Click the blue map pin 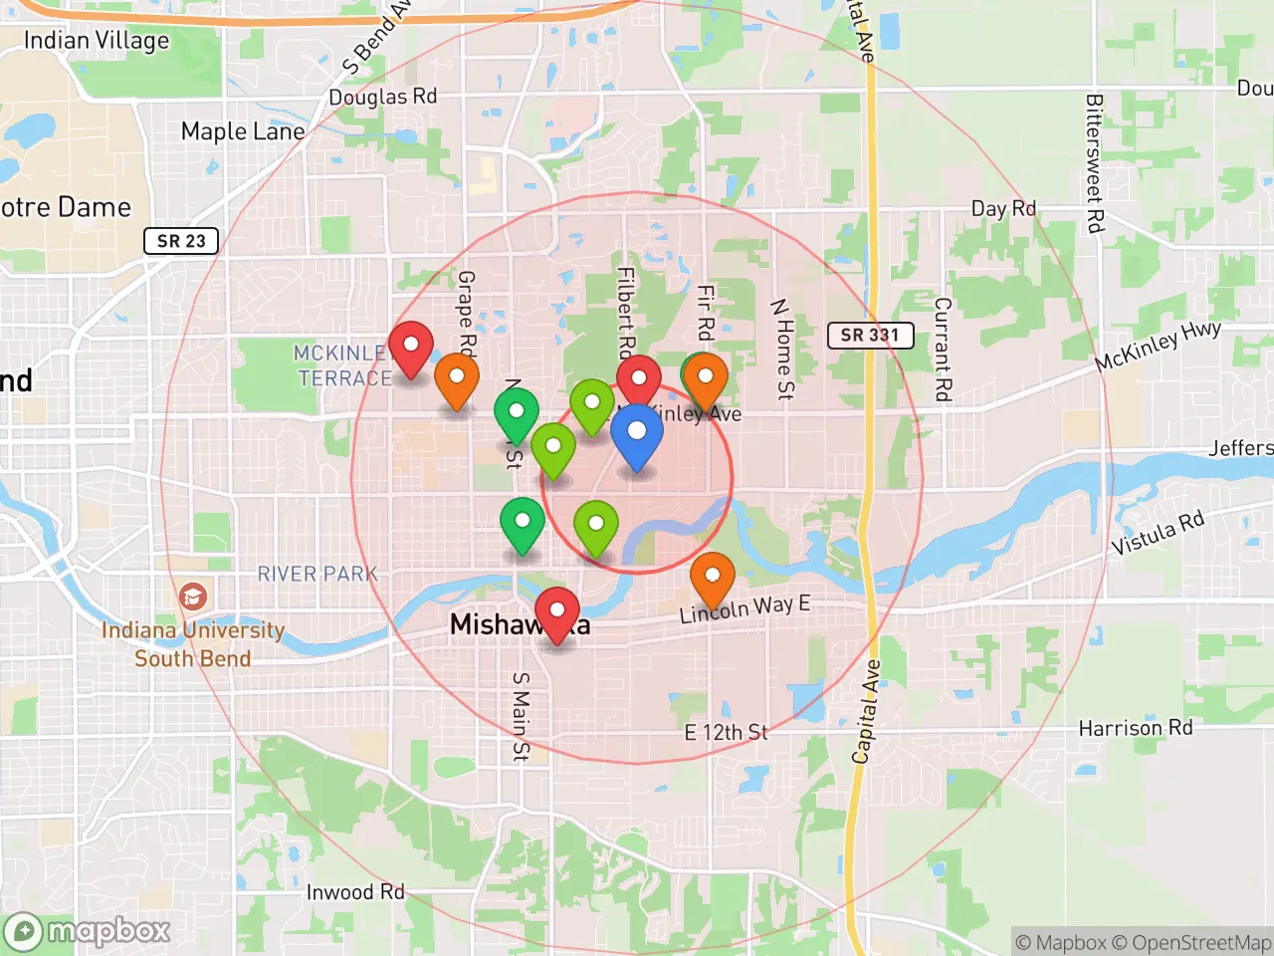pyautogui.click(x=636, y=437)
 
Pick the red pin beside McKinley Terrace pyautogui.click(x=410, y=348)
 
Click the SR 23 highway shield pyautogui.click(x=181, y=241)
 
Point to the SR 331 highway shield pyautogui.click(x=870, y=336)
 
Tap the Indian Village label pyautogui.click(x=97, y=41)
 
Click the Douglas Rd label pyautogui.click(x=383, y=97)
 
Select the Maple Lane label pyautogui.click(x=243, y=131)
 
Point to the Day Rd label pyautogui.click(x=1003, y=209)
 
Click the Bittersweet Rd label pyautogui.click(x=1094, y=163)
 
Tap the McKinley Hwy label pyautogui.click(x=1158, y=347)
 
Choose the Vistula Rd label pyautogui.click(x=1158, y=534)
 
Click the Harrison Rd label pyautogui.click(x=1136, y=728)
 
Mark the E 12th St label pyautogui.click(x=727, y=733)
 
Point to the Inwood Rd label pyautogui.click(x=355, y=892)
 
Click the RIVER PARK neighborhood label pyautogui.click(x=318, y=575)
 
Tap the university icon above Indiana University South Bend pyautogui.click(x=192, y=597)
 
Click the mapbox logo pyautogui.click(x=88, y=932)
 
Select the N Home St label pyautogui.click(x=783, y=349)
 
